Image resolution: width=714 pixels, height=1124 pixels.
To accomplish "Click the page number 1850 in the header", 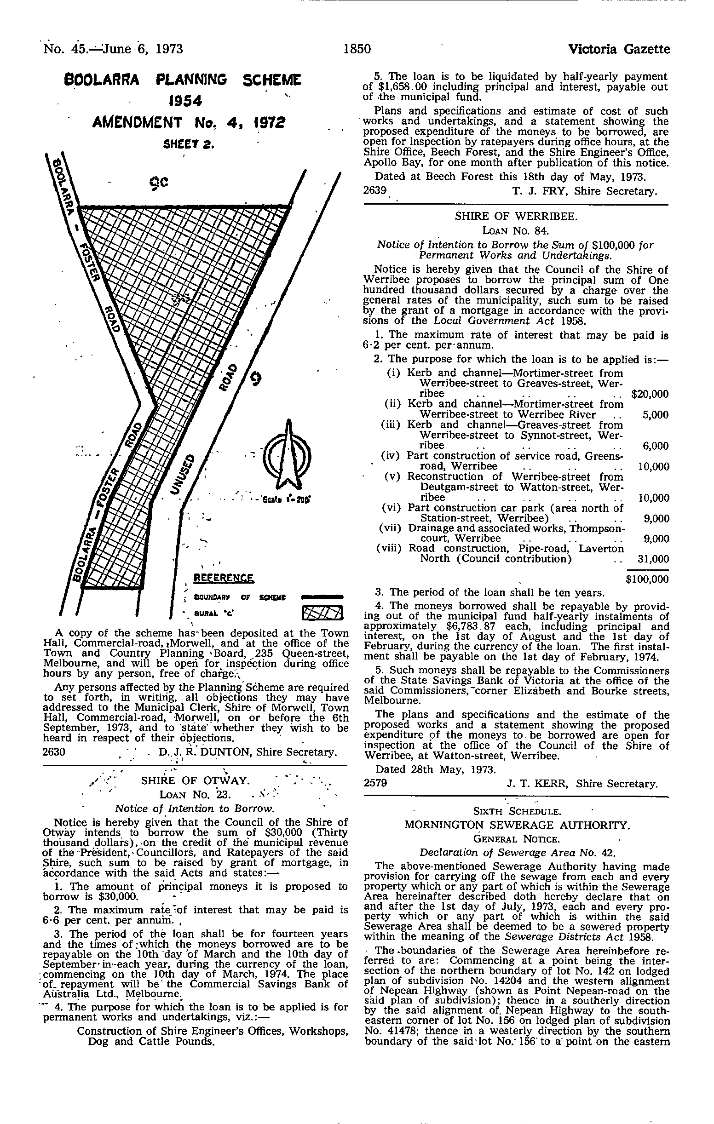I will (357, 49).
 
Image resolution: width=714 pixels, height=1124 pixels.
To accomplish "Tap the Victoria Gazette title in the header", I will (619, 49).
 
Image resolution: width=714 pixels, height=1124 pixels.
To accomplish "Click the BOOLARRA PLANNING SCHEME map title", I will (182, 80).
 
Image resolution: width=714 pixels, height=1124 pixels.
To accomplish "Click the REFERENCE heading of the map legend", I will (224, 578).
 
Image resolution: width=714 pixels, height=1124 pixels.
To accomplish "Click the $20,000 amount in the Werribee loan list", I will (650, 394).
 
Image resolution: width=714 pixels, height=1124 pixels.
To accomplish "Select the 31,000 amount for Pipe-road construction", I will (653, 559).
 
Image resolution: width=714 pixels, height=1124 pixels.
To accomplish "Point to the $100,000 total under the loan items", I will (647, 579).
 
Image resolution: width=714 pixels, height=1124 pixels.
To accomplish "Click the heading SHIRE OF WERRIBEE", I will (516, 216).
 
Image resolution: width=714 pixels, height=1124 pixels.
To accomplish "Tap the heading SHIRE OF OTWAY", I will (195, 780).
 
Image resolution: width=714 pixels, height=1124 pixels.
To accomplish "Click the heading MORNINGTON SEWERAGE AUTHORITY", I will (517, 824).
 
